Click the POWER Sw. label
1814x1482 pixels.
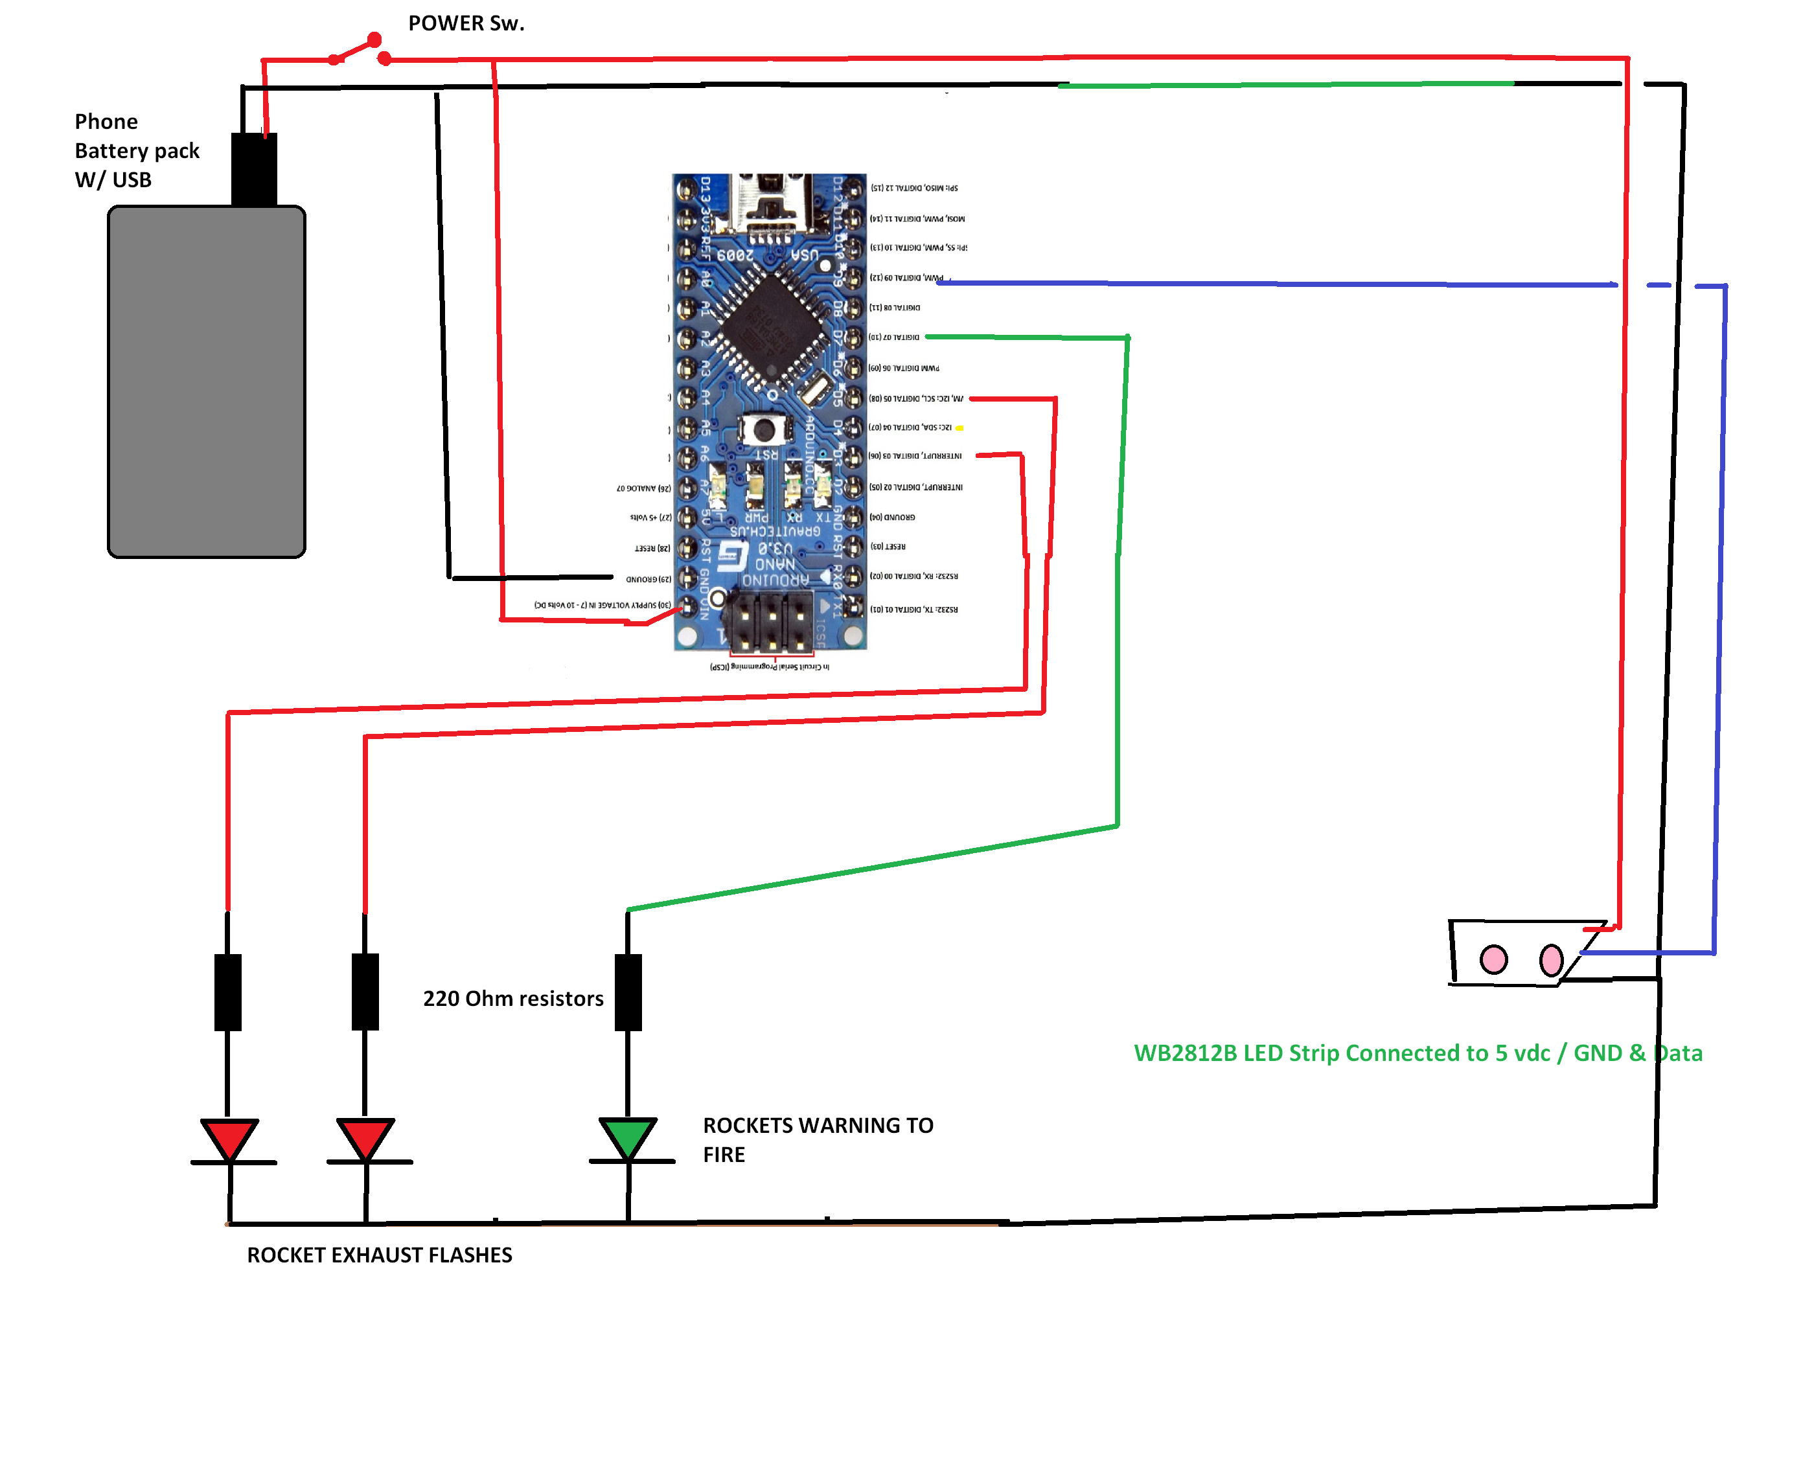tap(466, 23)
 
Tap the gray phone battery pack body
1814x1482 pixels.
tap(206, 382)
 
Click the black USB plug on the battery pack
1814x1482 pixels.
tap(253, 169)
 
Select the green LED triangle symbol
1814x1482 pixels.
tap(627, 1136)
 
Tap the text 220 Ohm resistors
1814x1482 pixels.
tap(513, 998)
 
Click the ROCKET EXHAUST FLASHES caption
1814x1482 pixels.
tap(379, 1255)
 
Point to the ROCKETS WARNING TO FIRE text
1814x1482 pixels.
tap(817, 1139)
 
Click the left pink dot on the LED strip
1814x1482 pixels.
tap(1493, 959)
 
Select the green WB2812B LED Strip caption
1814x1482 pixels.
tap(1417, 1053)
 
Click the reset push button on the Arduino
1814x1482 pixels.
tap(763, 429)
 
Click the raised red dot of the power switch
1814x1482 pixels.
tap(374, 40)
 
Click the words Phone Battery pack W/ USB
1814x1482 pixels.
tap(137, 150)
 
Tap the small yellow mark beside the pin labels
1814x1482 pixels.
tap(959, 427)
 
